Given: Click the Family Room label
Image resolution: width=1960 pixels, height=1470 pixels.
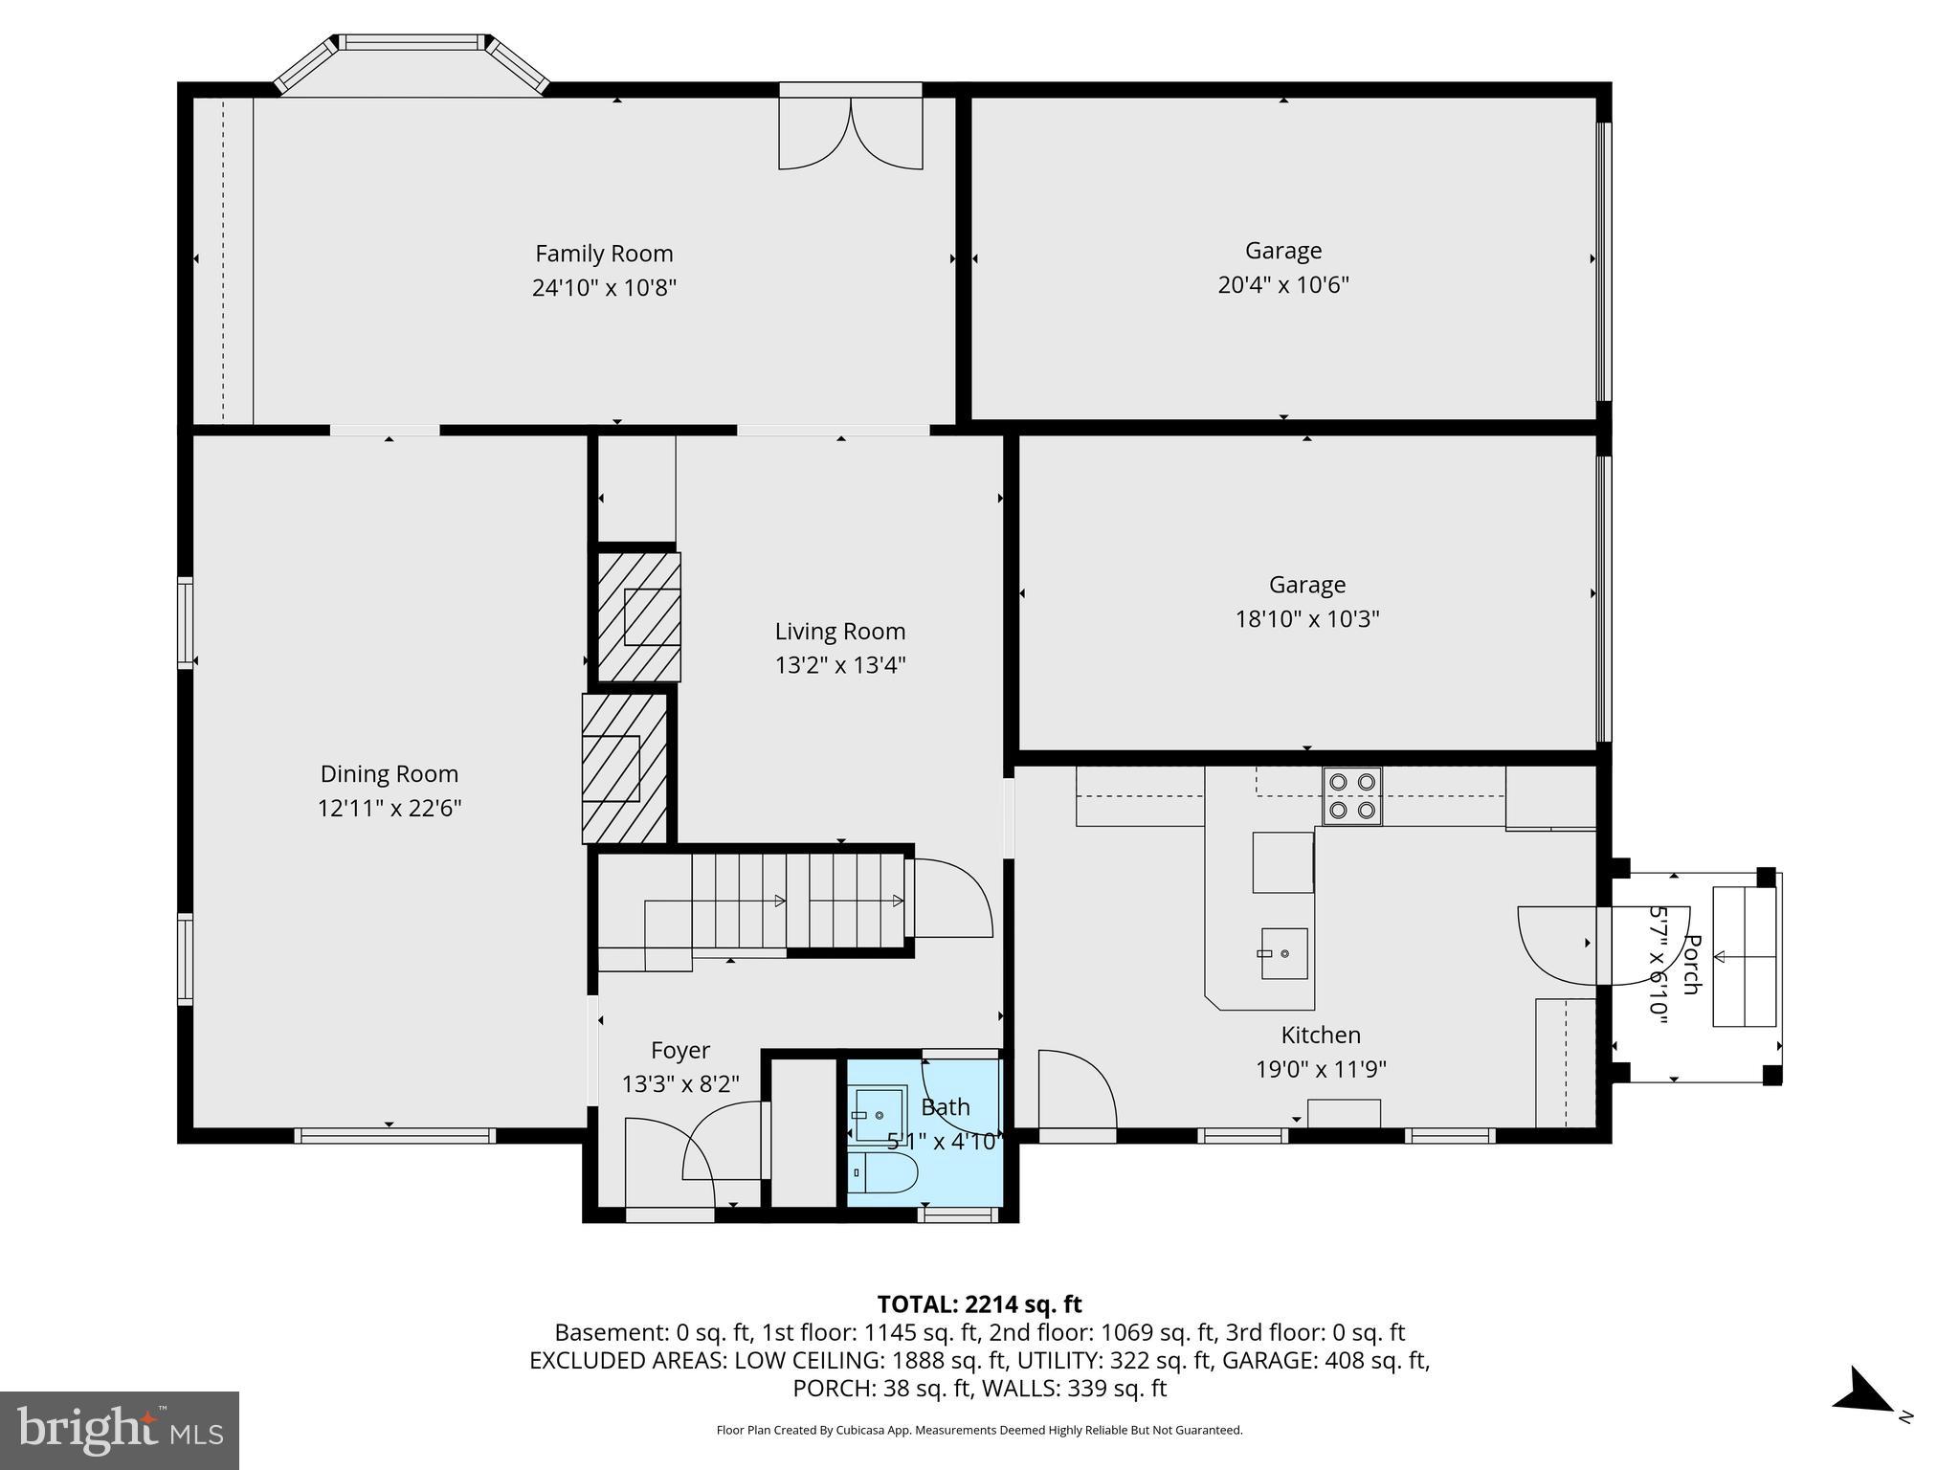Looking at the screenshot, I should pos(604,254).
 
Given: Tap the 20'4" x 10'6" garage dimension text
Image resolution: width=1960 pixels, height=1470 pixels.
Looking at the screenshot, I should pos(1282,285).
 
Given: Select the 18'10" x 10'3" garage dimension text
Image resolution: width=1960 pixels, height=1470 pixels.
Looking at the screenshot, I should pos(1306,619).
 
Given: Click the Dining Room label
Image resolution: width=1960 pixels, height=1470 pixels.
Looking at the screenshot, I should pos(389,773).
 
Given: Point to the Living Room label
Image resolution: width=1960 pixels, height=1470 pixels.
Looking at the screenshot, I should pos(839,632).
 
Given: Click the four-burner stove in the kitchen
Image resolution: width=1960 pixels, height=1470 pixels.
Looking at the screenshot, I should pos(1352,795).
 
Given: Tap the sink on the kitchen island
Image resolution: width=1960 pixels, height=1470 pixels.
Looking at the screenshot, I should pos(1283,953).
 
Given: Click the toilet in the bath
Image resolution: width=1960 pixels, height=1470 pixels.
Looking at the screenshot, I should pos(882,1172).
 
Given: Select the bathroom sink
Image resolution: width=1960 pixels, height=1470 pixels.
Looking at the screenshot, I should pos(880,1115).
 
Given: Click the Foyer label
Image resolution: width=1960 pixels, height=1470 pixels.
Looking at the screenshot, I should pos(679,1050).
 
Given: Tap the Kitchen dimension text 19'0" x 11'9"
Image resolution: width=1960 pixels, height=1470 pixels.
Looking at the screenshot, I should pos(1321,1069).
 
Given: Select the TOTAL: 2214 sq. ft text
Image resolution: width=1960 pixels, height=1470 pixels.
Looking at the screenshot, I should pos(979,1304).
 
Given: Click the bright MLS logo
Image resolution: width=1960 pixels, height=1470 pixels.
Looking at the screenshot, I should pos(120,1430).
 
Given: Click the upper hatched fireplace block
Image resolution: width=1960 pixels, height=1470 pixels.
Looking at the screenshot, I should pos(639,616).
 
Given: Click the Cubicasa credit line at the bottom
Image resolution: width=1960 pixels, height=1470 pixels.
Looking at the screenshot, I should pos(979,1430).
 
